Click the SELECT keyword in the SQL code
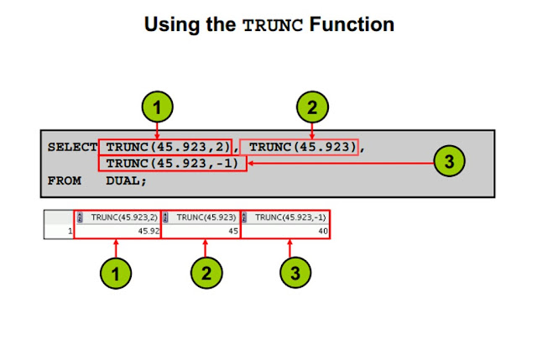click(71, 146)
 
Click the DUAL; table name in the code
click(126, 180)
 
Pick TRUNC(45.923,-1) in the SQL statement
click(172, 163)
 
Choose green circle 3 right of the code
click(450, 163)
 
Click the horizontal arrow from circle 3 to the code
click(336, 163)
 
